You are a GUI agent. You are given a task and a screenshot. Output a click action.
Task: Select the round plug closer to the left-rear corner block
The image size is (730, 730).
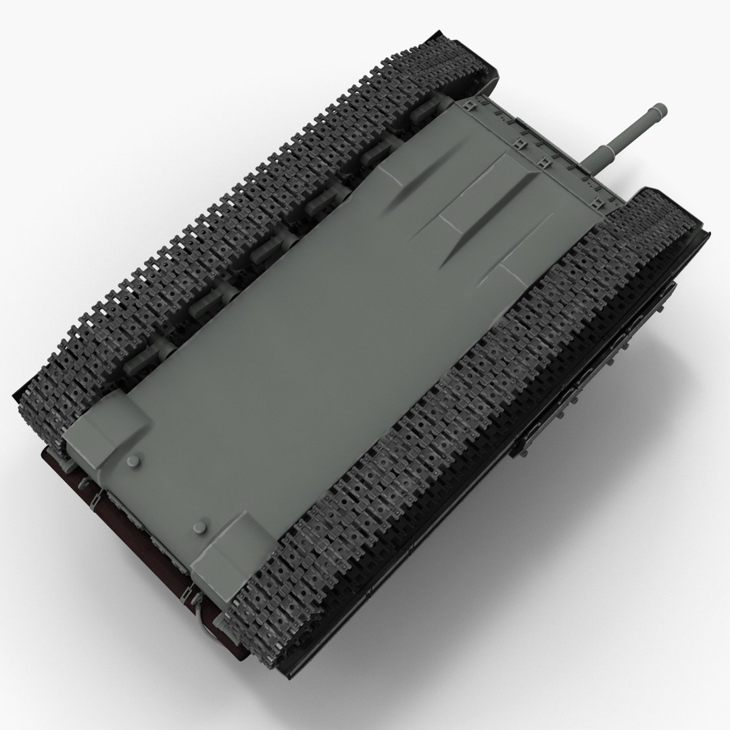pos(133,460)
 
